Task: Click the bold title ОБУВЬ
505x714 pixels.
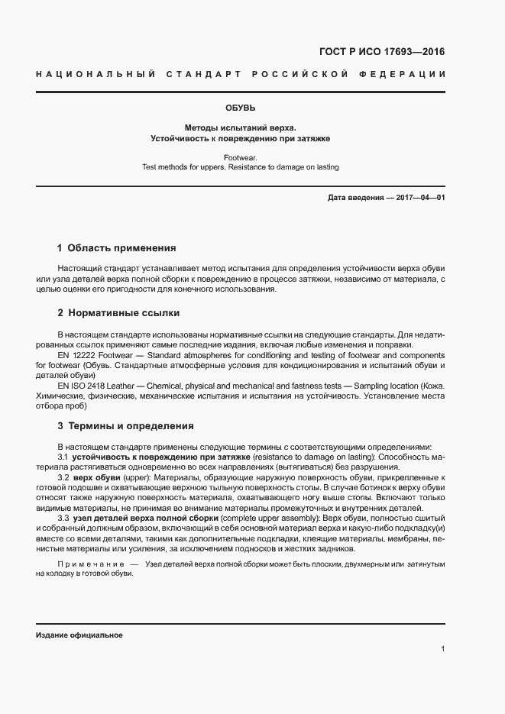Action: [x=240, y=108]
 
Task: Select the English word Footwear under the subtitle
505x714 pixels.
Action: [x=240, y=157]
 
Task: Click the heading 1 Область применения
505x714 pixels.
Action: [x=117, y=248]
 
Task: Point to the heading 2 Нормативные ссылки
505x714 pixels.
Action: [x=118, y=314]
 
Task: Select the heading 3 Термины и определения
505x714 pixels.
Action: [x=125, y=426]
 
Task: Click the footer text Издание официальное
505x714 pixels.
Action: [x=79, y=635]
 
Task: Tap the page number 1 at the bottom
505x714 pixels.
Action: [x=443, y=649]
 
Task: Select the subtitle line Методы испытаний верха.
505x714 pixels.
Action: [x=239, y=128]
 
